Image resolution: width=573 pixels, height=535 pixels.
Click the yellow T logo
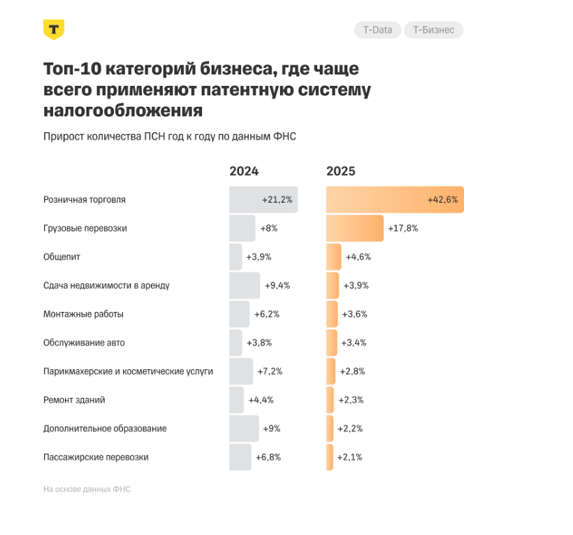[54, 29]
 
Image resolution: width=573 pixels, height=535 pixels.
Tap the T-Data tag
[377, 30]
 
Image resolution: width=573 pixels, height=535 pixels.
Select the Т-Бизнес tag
[433, 30]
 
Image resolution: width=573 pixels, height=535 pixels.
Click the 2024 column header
[244, 171]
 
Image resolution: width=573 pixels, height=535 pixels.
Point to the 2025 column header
[341, 171]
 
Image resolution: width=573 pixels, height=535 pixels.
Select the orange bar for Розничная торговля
[395, 200]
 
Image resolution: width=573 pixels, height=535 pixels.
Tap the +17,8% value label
[403, 228]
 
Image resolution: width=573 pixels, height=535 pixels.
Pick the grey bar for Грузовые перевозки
[242, 228]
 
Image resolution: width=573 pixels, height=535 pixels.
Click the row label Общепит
[61, 257]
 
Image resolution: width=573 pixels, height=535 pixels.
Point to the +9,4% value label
[277, 285]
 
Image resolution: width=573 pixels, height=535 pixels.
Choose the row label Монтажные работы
[83, 314]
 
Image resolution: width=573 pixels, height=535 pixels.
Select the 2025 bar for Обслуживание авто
[331, 343]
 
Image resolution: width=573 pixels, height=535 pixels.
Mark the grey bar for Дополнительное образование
[244, 429]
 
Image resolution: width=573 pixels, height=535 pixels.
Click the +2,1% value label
[349, 457]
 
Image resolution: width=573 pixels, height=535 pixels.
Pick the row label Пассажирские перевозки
[96, 457]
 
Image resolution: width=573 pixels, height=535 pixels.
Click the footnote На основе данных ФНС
[87, 490]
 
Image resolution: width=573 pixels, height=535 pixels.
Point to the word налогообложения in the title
[123, 110]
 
